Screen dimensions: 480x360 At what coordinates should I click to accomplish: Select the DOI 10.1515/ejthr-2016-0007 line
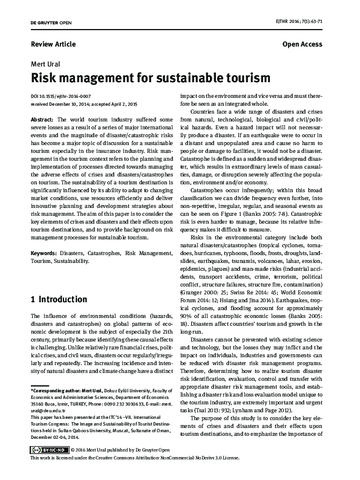[60, 96]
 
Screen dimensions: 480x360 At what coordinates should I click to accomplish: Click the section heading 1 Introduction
[58, 299]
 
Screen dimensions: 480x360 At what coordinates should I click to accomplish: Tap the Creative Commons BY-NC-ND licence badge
[48, 467]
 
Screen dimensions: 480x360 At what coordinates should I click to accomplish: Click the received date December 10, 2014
[71, 104]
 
